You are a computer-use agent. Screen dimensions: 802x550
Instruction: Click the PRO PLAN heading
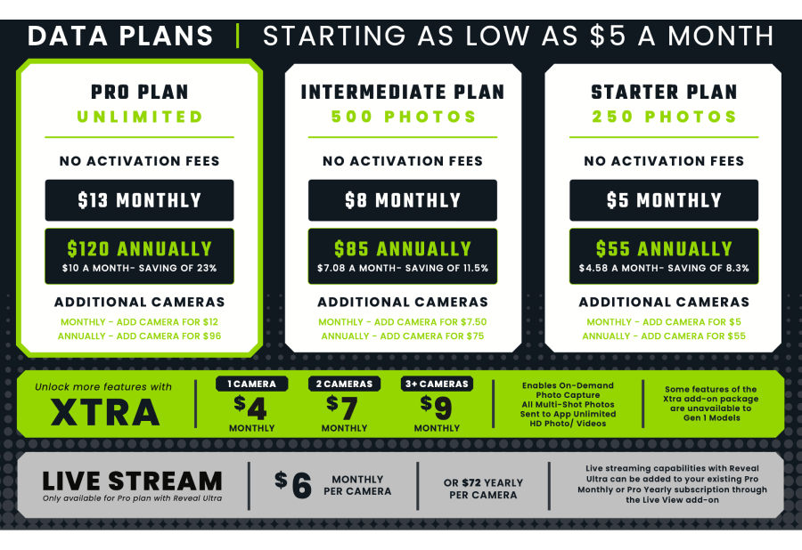140,93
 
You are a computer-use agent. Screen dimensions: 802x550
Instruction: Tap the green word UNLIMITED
140,117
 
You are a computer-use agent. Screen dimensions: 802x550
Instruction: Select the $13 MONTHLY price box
139,200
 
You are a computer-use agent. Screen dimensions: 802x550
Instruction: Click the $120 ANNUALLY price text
140,248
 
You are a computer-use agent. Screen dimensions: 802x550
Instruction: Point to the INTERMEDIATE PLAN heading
403,93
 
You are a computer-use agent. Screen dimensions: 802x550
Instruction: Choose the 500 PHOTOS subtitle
403,117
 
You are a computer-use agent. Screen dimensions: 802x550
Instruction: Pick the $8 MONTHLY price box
403,200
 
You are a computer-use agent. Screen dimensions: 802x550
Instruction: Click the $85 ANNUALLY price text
403,248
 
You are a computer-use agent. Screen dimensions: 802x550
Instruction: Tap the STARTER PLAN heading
664,93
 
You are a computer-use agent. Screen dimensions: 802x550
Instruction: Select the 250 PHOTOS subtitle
664,117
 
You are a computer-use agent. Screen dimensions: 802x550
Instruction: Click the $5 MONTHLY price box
664,200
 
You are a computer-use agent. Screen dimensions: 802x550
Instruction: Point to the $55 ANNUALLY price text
664,248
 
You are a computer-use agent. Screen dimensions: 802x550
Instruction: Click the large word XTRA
105,412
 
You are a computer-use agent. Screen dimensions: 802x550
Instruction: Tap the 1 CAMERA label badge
251,384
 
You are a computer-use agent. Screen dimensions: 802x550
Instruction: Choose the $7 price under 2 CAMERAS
342,408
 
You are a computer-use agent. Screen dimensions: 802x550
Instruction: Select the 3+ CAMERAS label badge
437,384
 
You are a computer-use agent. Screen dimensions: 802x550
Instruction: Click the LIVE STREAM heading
132,481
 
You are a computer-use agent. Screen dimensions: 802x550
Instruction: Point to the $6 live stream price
293,485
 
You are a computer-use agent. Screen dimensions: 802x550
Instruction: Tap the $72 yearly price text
472,482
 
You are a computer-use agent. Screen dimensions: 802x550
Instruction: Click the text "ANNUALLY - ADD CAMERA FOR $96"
139,336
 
